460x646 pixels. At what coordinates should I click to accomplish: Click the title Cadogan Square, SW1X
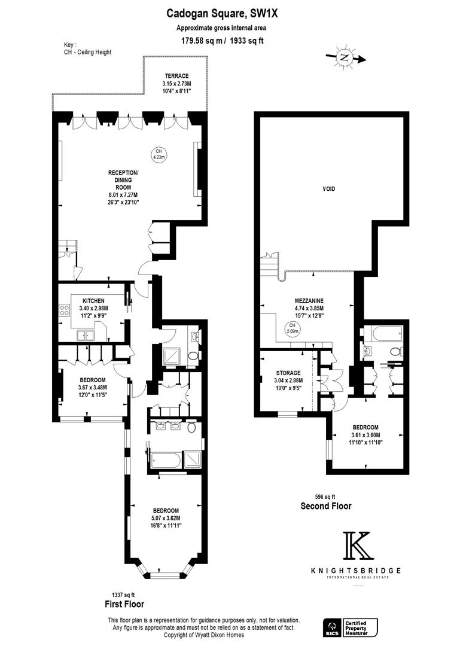tap(222, 14)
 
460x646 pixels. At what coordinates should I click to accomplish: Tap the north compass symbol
tap(345, 57)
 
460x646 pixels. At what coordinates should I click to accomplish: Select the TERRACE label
tap(177, 76)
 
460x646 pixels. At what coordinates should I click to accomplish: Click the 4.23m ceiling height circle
tap(159, 154)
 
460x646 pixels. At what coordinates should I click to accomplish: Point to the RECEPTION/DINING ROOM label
tap(123, 180)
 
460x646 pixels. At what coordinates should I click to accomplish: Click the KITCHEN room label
tap(93, 301)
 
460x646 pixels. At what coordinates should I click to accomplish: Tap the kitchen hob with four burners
tap(64, 310)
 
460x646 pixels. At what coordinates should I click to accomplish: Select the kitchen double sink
tap(86, 336)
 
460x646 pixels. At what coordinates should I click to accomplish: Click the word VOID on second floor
tap(329, 188)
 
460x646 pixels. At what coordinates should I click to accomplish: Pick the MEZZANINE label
tap(309, 301)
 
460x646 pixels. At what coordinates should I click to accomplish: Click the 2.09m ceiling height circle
tap(293, 328)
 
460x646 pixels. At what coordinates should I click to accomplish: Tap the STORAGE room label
tap(288, 373)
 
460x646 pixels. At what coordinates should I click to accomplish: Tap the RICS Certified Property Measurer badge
tap(351, 627)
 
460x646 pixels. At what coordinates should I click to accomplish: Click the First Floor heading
tap(124, 604)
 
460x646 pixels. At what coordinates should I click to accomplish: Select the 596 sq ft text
tap(325, 497)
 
